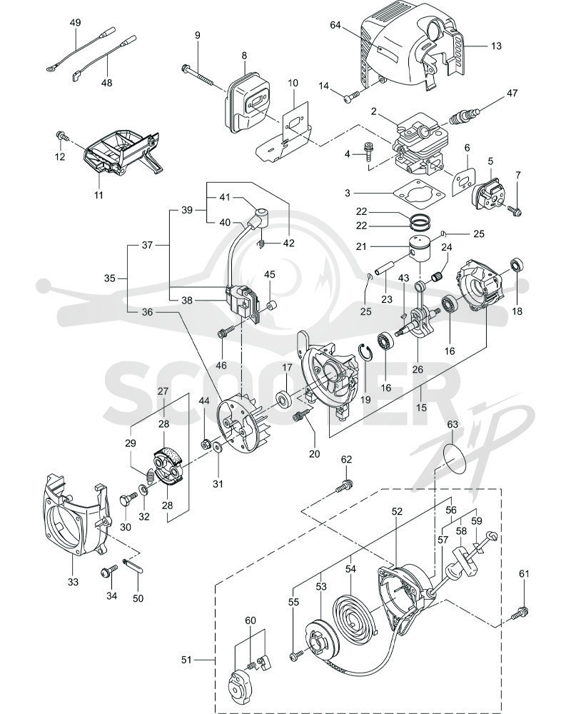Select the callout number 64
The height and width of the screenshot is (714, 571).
pyautogui.click(x=335, y=25)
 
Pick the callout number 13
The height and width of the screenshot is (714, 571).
pyautogui.click(x=496, y=46)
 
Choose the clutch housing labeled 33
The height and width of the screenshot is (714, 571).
pyautogui.click(x=76, y=515)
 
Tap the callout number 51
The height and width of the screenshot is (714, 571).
pyautogui.click(x=186, y=659)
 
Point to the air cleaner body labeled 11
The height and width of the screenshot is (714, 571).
pyautogui.click(x=121, y=151)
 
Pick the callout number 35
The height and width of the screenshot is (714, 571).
pyautogui.click(x=110, y=278)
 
